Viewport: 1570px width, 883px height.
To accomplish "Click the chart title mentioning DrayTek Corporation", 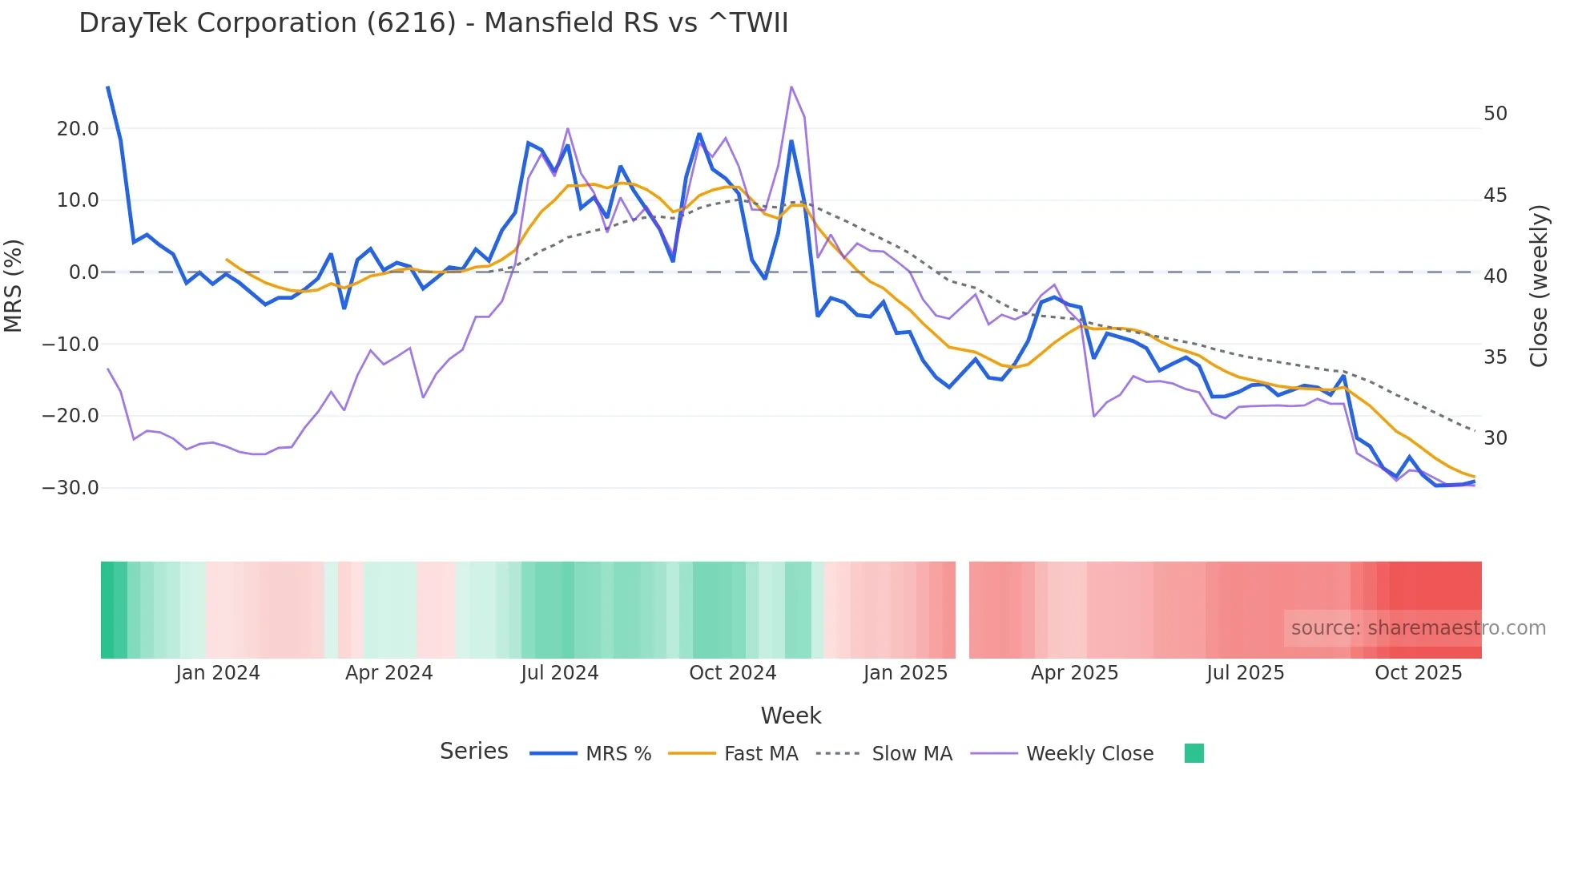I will pyautogui.click(x=433, y=23).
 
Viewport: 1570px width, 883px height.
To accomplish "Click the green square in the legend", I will pyautogui.click(x=1194, y=753).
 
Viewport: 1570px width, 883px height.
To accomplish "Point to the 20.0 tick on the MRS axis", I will pyautogui.click(x=78, y=129).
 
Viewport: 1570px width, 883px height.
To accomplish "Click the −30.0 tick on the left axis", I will pyautogui.click(x=70, y=488).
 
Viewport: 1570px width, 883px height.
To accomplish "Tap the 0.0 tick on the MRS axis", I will pyautogui.click(x=84, y=272).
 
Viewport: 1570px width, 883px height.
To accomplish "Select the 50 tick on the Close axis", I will pyautogui.click(x=1495, y=114).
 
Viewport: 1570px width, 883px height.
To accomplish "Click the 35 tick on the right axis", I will pyautogui.click(x=1495, y=357).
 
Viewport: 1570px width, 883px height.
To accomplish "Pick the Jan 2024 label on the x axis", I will pyautogui.click(x=218, y=673).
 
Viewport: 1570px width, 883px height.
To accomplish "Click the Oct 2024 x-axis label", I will pyautogui.click(x=733, y=673).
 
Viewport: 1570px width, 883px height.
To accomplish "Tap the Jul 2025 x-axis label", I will pyautogui.click(x=1246, y=673).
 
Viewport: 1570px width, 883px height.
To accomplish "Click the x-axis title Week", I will pyautogui.click(x=791, y=716).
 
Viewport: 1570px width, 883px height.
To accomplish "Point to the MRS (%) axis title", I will pyautogui.click(x=14, y=286).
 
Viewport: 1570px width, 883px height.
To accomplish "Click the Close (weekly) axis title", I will pyautogui.click(x=1539, y=286).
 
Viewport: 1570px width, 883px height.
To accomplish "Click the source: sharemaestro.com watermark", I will pyautogui.click(x=1418, y=628).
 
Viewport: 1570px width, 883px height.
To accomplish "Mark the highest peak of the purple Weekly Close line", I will pyautogui.click(x=791, y=87).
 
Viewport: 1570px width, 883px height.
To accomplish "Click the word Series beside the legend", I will pyautogui.click(x=473, y=752).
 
